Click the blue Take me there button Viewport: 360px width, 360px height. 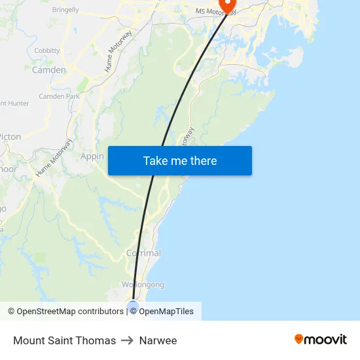click(180, 161)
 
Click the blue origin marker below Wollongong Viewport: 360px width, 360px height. click(133, 306)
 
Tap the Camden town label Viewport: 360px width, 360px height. click(49, 70)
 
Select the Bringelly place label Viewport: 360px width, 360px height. click(65, 10)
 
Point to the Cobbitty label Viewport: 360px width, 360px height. click(47, 50)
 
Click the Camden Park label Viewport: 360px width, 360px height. click(59, 96)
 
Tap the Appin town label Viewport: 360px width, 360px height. click(92, 156)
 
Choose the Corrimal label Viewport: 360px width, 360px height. click(143, 253)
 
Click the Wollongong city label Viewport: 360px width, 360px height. click(143, 285)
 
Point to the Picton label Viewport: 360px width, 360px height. click(11, 137)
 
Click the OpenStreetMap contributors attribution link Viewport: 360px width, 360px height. click(69, 312)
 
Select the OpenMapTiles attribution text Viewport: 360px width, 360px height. click(166, 312)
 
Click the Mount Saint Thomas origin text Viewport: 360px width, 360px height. click(64, 340)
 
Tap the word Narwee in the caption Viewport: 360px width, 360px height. click(158, 340)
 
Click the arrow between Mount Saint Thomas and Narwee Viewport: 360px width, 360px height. click(127, 340)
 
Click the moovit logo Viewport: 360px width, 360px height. click(321, 340)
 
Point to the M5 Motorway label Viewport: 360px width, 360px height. click(216, 12)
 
